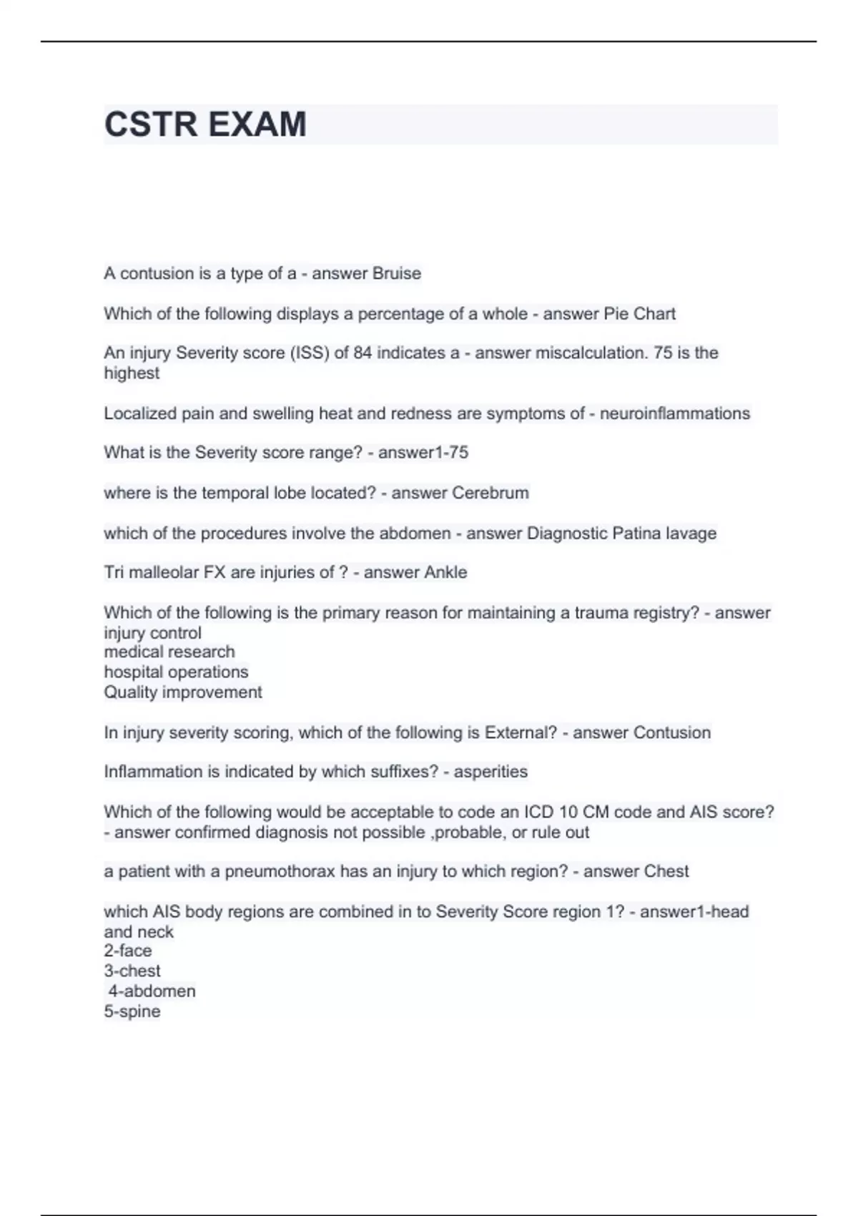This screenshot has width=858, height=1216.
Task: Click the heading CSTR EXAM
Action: coord(205,124)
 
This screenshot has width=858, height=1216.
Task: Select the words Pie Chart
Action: coord(639,313)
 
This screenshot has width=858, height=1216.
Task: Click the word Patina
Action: coord(630,533)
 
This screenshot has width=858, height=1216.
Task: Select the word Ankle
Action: coord(445,572)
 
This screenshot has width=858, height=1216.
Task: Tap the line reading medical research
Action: coord(169,652)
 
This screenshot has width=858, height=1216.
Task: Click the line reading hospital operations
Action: coord(176,672)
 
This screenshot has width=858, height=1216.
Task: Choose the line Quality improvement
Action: coord(183,692)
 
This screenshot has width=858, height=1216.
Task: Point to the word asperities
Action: coord(490,771)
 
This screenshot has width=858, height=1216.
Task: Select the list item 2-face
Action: coord(128,951)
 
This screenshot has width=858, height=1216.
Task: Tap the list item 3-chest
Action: coord(132,971)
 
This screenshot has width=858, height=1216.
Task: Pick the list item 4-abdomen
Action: coord(152,991)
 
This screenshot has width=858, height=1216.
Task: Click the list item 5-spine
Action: coord(132,1011)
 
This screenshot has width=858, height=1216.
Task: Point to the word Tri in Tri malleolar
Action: coord(114,572)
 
